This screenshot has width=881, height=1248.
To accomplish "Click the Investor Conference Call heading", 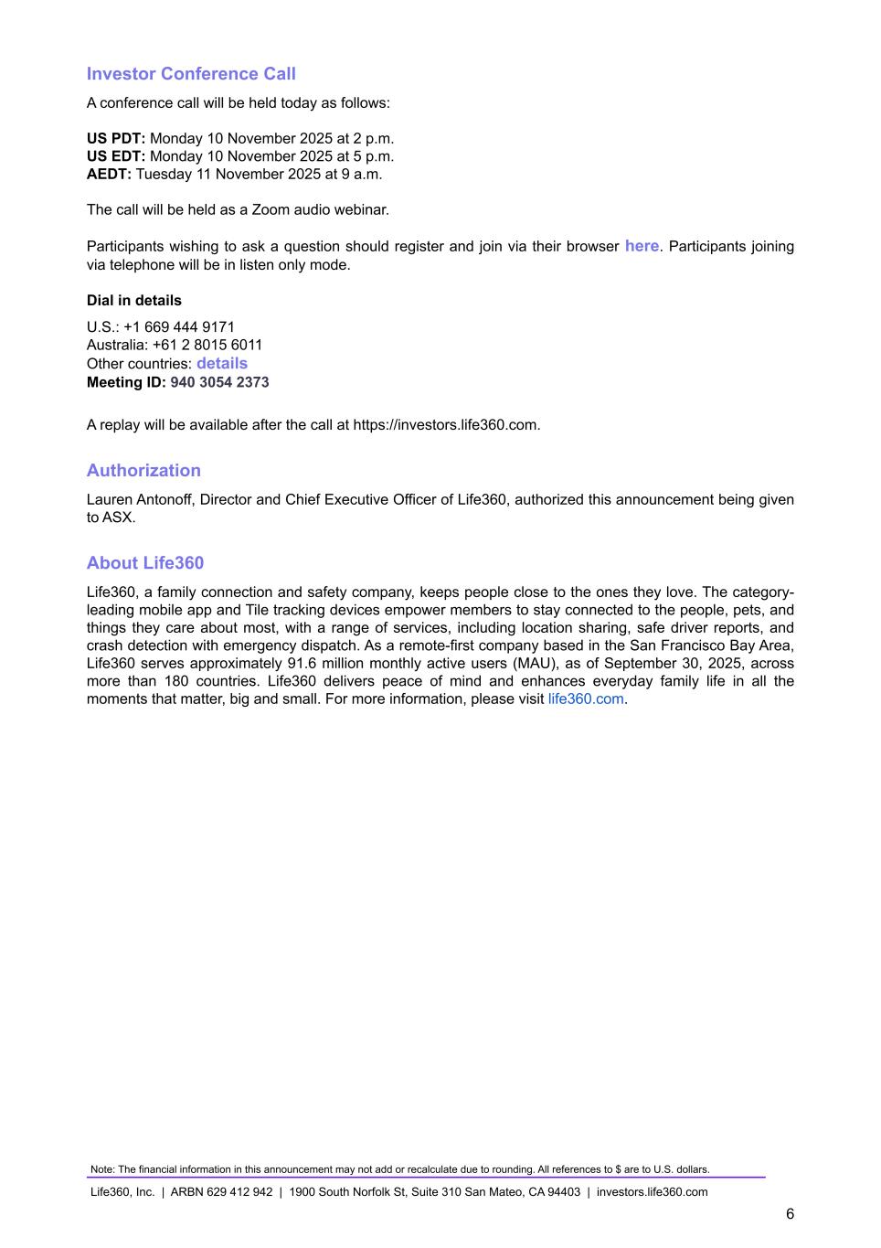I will tap(191, 74).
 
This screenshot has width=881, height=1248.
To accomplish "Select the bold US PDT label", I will tap(116, 139).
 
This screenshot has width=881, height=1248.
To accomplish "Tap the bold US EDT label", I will tap(116, 156).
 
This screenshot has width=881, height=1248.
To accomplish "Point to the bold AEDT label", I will tap(109, 174).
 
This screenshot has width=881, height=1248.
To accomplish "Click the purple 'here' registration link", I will tap(642, 246).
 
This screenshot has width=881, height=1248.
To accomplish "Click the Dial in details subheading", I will tap(134, 301).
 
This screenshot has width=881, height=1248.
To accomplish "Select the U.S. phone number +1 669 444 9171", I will tap(179, 327).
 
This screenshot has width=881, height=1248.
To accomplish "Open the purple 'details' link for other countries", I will tap(222, 363).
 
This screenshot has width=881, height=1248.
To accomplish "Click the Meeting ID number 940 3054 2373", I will tap(219, 382).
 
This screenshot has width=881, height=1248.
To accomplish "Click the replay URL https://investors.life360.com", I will tap(446, 425).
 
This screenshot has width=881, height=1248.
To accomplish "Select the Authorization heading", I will tap(143, 471).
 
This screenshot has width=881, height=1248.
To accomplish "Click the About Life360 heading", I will tap(145, 563).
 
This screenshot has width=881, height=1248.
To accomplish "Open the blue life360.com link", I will tap(586, 699).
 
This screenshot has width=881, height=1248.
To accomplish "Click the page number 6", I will tap(790, 1214).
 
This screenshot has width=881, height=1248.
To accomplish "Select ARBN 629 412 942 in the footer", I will tap(221, 1192).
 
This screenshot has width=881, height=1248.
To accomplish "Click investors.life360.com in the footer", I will tap(652, 1192).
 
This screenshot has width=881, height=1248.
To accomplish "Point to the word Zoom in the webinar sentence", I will tap(271, 210).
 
